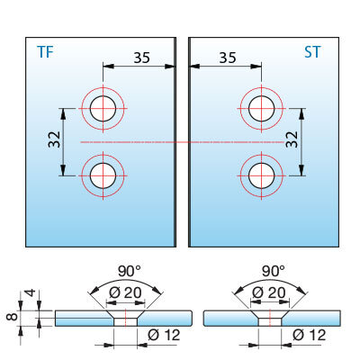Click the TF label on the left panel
tap(45, 52)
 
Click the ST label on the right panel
tap(312, 52)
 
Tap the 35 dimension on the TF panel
tap(141, 58)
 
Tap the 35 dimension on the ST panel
tap(228, 58)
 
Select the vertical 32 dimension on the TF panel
tap(55, 139)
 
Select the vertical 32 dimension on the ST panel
tap(292, 139)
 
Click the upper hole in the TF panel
tap(103, 108)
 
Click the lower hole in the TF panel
tap(103, 175)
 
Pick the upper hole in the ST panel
tap(262, 108)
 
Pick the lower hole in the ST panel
tap(262, 175)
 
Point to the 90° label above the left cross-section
tap(129, 272)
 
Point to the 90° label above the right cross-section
tap(273, 272)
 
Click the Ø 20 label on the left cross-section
tap(125, 292)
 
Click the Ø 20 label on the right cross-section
tap(269, 292)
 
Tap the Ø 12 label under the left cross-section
tap(164, 335)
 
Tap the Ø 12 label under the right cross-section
tap(309, 335)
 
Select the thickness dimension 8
tap(13, 317)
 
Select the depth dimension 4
tap(31, 292)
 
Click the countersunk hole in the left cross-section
tap(126, 319)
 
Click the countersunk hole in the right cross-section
tap(270, 319)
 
